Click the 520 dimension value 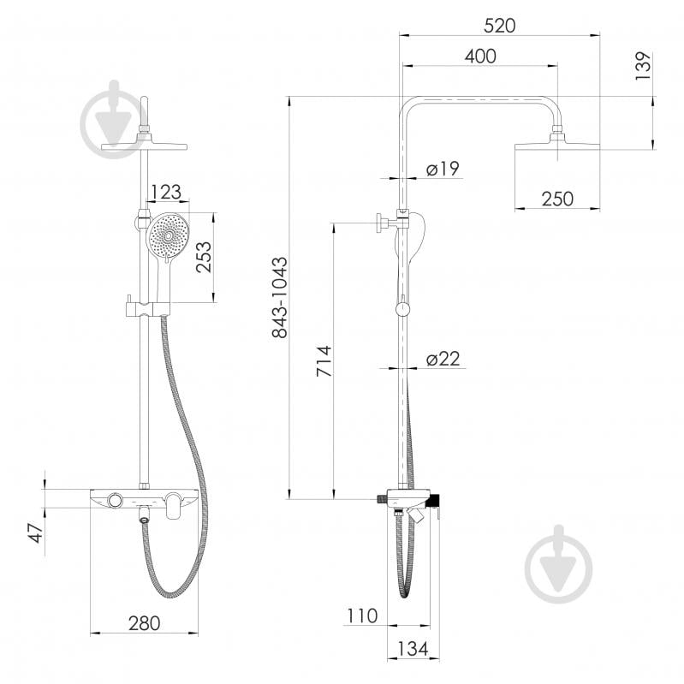(499, 26)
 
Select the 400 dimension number (480, 57)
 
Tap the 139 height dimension (644, 65)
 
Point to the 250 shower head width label (557, 199)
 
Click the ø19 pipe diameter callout (443, 169)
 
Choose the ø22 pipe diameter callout (443, 359)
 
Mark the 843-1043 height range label (280, 298)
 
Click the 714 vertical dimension (324, 361)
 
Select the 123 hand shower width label (165, 192)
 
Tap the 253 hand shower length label (203, 258)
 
